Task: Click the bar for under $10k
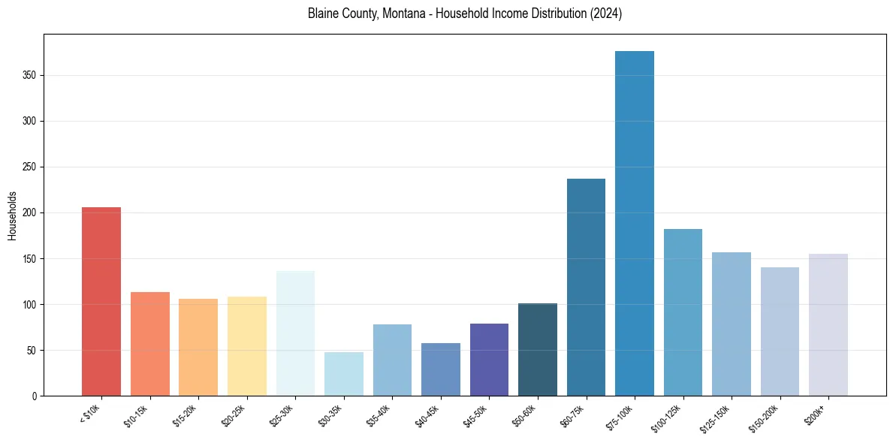101,301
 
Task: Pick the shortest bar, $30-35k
343,374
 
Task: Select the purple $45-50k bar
489,360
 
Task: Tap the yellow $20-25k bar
246,346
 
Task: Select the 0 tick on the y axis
34,396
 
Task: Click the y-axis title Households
13,215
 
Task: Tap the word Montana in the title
396,14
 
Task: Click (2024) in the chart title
606,14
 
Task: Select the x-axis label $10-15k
136,415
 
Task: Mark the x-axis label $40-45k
427,415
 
